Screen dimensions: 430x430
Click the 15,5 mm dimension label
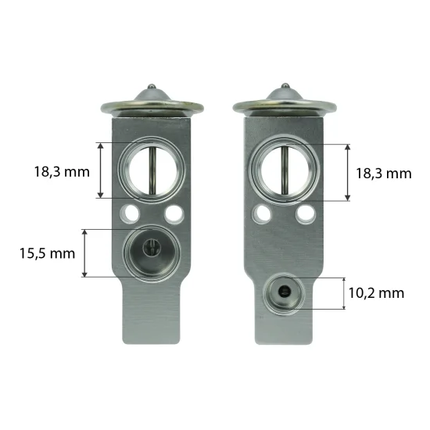[47, 253]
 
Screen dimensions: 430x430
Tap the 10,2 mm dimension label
[376, 293]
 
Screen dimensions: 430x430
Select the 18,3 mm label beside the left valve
[62, 172]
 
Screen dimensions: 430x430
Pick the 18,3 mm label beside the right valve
[384, 174]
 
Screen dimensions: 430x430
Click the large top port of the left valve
[152, 170]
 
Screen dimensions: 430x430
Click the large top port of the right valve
[285, 170]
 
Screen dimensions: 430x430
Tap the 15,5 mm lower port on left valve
[152, 253]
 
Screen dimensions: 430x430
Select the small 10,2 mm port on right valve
[285, 294]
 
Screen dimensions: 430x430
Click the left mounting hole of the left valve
[130, 213]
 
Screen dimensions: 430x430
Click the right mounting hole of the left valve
[174, 213]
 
